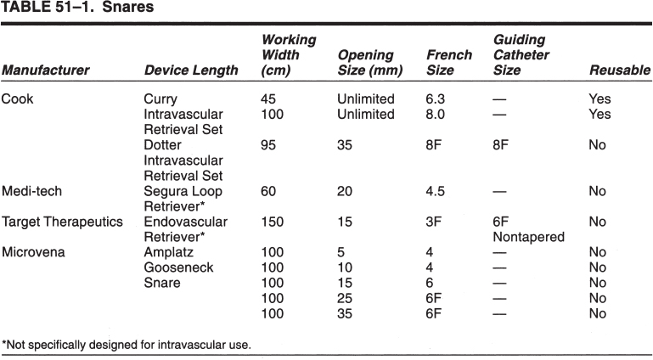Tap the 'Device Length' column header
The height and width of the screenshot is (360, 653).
coord(191,70)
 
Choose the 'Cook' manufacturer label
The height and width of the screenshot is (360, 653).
coord(17,98)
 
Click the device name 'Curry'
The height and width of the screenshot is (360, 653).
coord(160,98)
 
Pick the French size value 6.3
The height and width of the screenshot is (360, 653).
coord(436,98)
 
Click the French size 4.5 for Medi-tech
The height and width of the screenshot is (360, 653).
coord(436,192)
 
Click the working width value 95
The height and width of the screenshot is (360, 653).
coord(268,145)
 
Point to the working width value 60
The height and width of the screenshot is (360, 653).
coord(268,192)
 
